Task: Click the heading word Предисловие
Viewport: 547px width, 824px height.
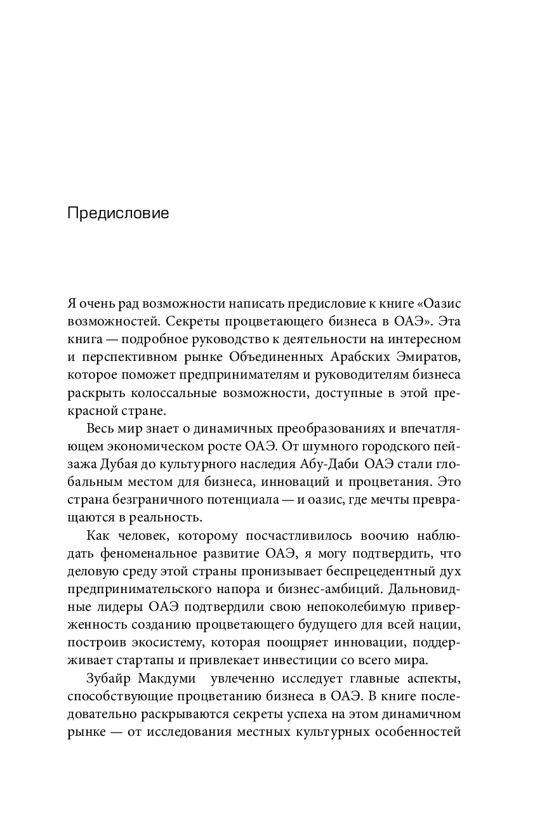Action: click(118, 213)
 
